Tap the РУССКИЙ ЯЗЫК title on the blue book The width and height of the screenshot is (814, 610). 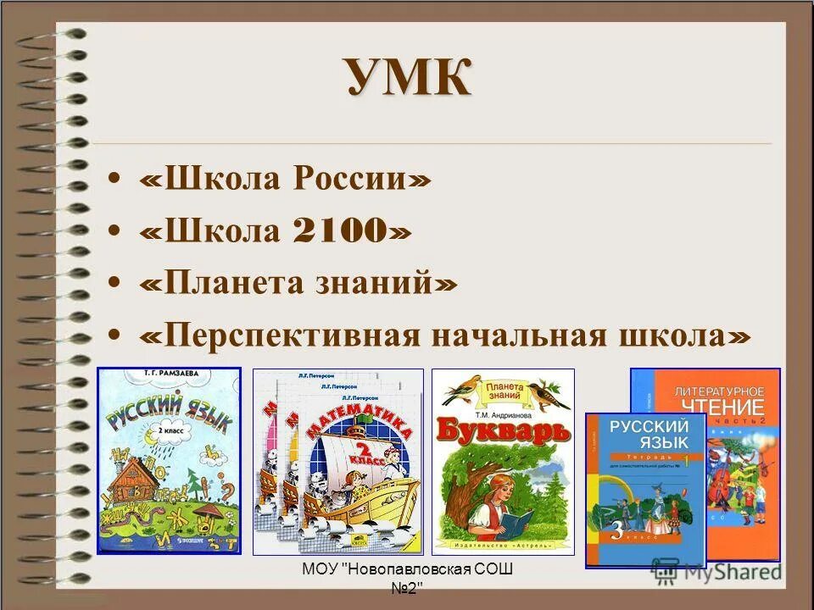(x=645, y=434)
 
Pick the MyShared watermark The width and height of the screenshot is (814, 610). (x=746, y=572)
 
